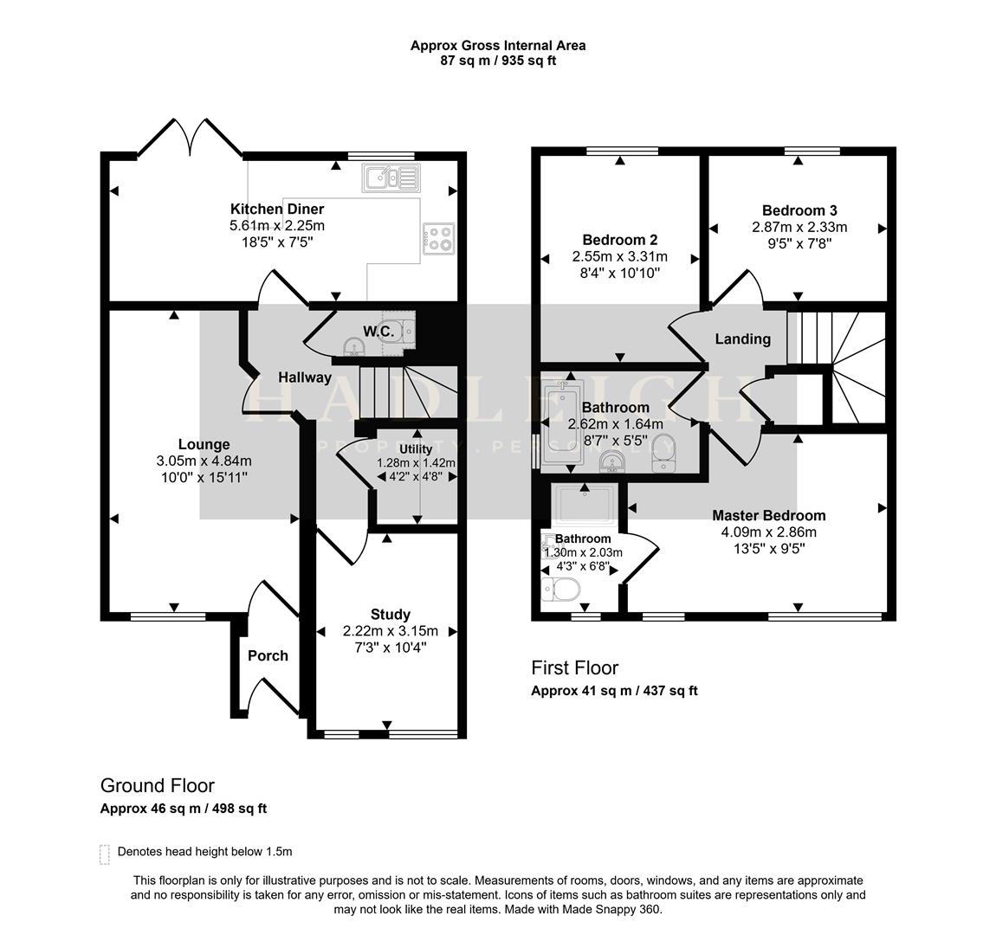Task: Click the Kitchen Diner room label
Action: tap(276, 209)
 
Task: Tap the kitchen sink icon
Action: tap(391, 177)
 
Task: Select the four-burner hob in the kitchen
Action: tap(438, 238)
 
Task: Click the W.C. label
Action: tap(378, 332)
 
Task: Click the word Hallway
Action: tap(305, 377)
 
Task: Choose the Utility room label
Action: tap(415, 449)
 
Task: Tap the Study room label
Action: tap(390, 615)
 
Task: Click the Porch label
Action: tap(268, 655)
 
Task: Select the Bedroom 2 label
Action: tap(619, 240)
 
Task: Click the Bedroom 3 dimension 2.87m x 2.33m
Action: tap(799, 227)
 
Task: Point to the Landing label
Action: tap(742, 339)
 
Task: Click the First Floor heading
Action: tap(574, 667)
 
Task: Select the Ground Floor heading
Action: tap(157, 785)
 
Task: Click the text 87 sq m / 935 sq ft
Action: tap(497, 61)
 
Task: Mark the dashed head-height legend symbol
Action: tap(105, 854)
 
